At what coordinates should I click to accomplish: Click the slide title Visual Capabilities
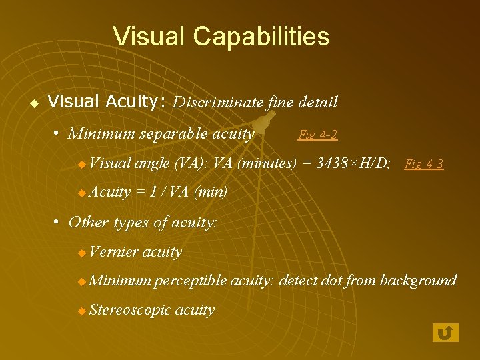point(221,36)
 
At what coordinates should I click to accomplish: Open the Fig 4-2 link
point(317,135)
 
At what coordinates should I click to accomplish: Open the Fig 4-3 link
point(424,163)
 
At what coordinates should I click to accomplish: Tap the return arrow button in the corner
point(445,332)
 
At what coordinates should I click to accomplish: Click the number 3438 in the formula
point(325,163)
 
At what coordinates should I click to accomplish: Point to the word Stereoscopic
point(129,310)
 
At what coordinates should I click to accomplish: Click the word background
point(418,281)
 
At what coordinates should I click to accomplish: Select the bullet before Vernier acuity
point(81,253)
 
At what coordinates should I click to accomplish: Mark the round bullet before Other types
point(59,221)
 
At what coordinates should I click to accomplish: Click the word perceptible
point(190,281)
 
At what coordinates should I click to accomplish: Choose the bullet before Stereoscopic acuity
point(81,311)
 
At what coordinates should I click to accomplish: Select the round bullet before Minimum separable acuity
point(59,133)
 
